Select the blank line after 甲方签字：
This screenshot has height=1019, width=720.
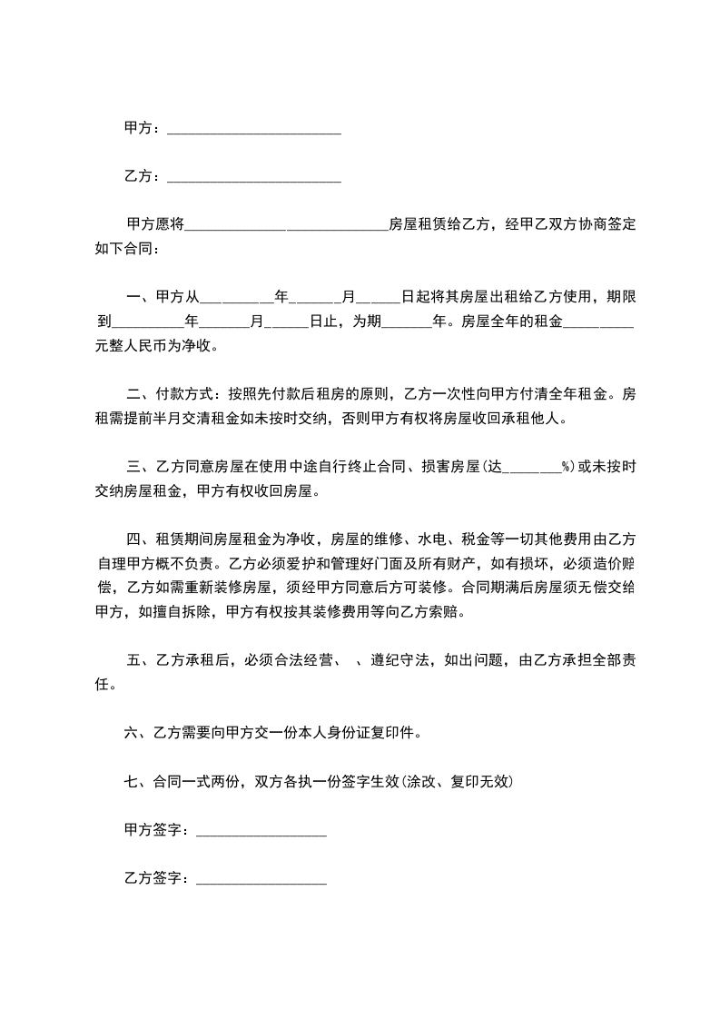click(261, 831)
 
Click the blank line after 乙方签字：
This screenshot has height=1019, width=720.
click(261, 878)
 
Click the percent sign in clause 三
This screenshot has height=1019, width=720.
click(565, 468)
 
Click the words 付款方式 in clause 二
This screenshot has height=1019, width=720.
click(186, 394)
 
